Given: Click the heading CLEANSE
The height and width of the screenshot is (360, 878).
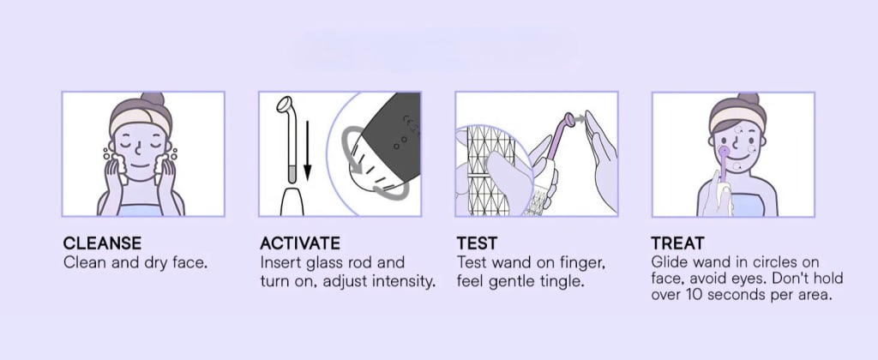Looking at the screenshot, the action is click(x=102, y=243).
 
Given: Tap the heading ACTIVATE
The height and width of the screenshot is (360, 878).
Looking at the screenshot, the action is click(x=299, y=243).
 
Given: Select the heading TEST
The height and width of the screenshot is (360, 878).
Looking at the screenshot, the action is click(x=477, y=243).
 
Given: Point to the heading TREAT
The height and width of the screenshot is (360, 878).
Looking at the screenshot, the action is click(x=677, y=243).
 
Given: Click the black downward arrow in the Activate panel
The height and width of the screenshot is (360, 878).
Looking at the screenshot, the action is click(x=308, y=152).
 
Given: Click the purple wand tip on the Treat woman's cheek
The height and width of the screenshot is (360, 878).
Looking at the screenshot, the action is click(x=724, y=151).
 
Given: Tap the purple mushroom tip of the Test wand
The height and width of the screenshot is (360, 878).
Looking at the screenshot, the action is click(x=569, y=119).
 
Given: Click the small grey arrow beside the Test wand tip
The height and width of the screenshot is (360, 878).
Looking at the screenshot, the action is click(x=580, y=118).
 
